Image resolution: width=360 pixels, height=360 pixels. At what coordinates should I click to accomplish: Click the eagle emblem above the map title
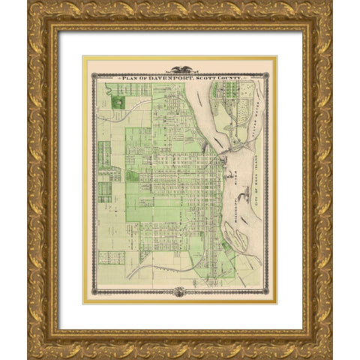[181, 69]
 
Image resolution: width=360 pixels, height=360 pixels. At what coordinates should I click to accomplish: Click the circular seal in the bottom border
[180, 292]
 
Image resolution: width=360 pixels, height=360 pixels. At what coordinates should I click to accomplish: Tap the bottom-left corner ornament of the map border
[93, 292]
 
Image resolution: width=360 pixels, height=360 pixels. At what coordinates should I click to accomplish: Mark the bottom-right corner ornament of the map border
[268, 292]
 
